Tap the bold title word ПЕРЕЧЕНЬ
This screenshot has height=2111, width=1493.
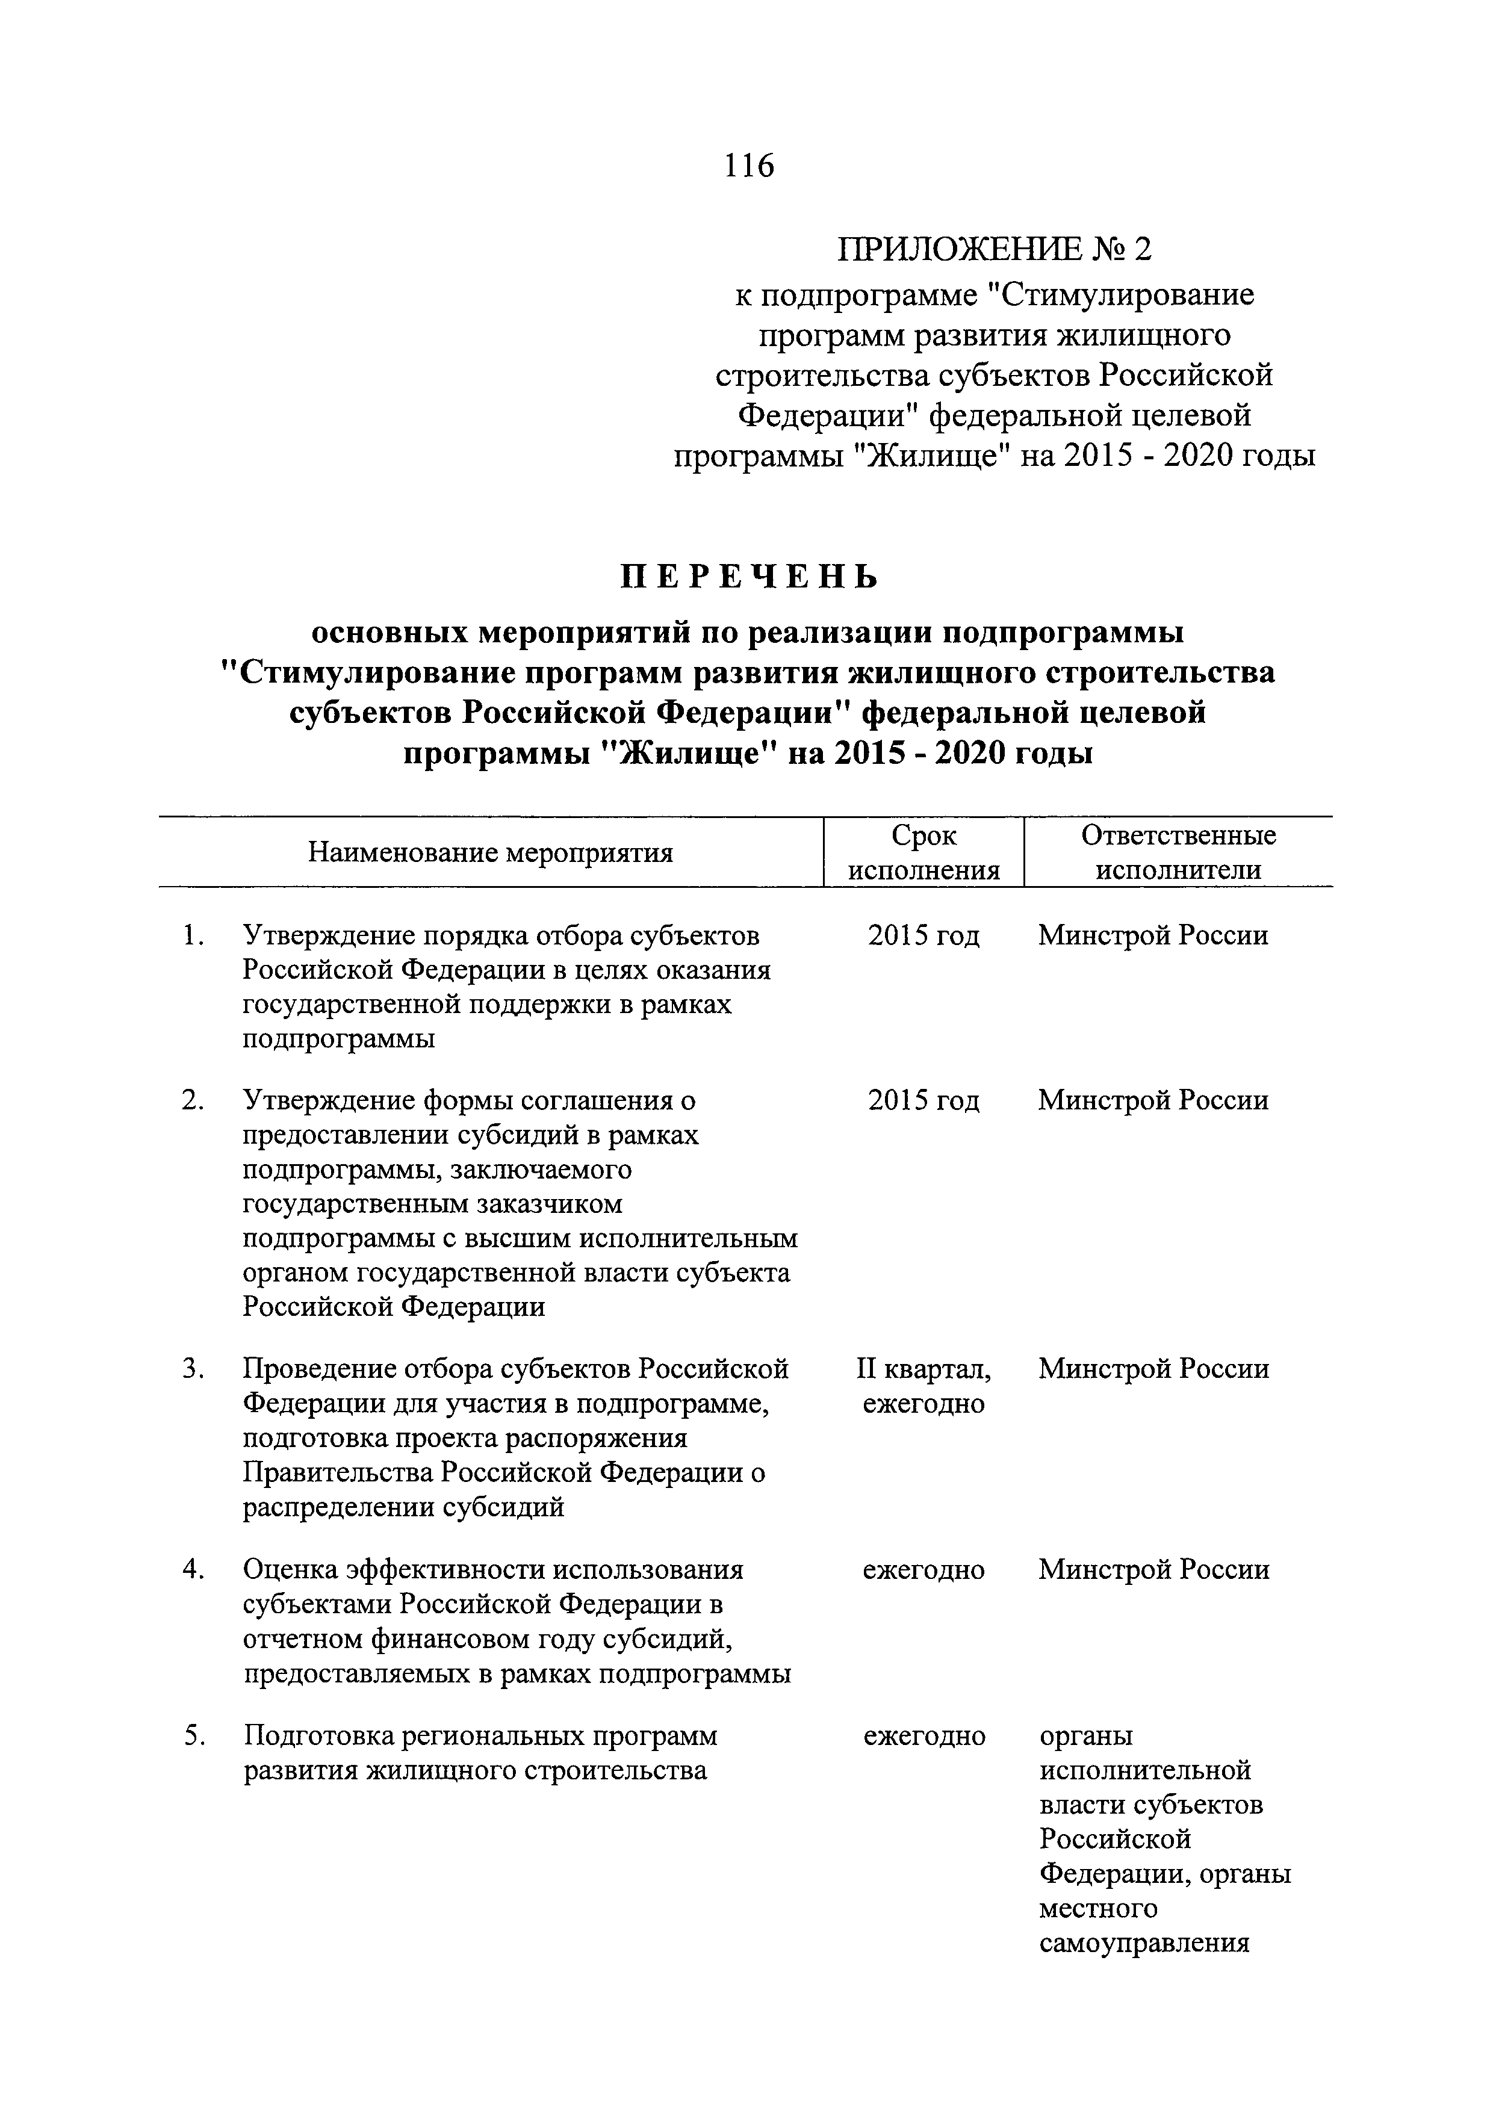(x=750, y=577)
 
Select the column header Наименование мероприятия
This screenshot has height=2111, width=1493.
(x=490, y=852)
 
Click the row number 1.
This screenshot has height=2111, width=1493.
(x=191, y=936)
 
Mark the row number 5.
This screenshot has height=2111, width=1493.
(x=191, y=1736)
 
